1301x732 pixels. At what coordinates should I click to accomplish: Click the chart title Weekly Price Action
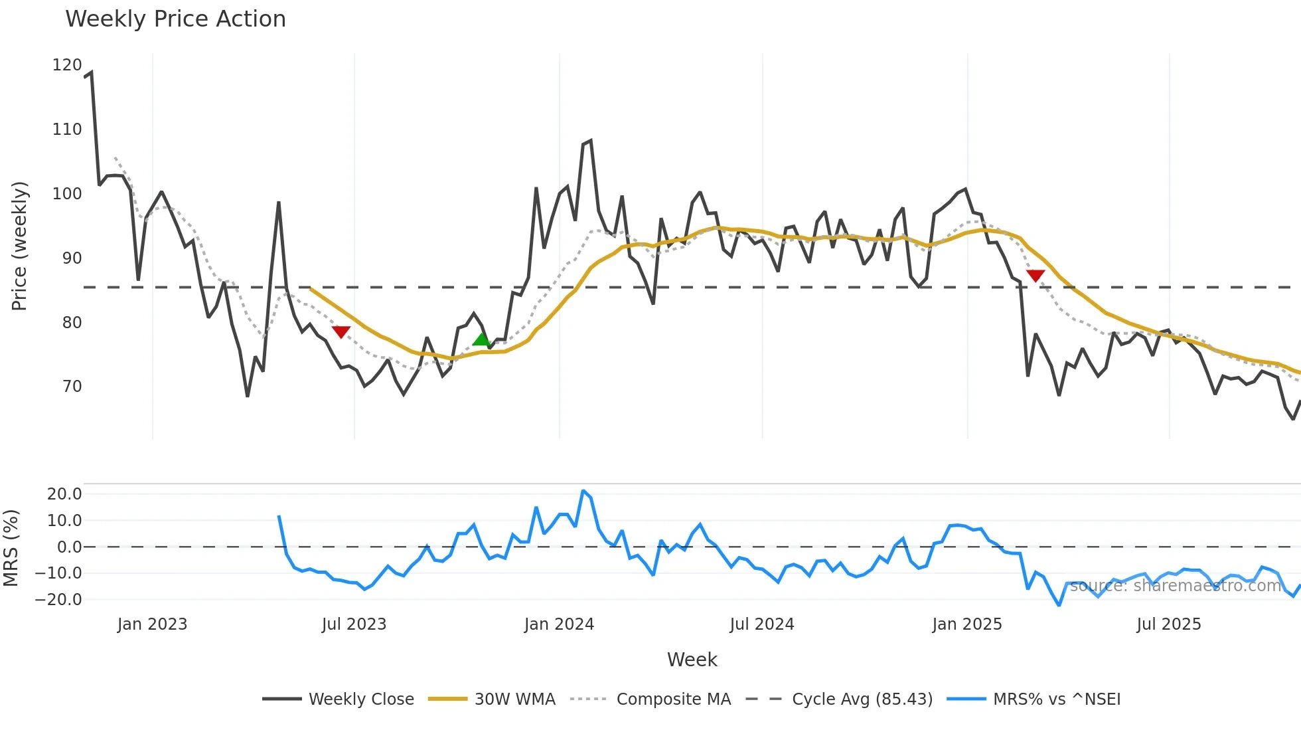175,19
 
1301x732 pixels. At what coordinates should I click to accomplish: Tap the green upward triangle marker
481,339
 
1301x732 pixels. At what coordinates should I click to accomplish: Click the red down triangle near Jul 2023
341,332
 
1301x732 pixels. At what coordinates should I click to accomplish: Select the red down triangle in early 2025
1035,276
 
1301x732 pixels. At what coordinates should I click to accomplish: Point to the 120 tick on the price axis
67,65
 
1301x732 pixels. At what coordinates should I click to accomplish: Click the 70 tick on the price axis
72,387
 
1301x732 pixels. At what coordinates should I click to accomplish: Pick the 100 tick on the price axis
67,194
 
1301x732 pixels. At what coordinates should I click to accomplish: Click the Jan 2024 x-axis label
559,624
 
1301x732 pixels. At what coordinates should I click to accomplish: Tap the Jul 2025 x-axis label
1168,624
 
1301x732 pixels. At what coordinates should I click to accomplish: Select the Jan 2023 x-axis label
152,624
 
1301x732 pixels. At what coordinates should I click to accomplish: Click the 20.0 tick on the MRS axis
64,494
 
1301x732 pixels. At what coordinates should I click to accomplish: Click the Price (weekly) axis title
20,246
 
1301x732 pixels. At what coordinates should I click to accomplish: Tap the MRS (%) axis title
11,547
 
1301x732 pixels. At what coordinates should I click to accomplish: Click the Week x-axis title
692,660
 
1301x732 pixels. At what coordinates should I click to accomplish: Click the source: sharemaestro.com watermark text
1175,586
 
